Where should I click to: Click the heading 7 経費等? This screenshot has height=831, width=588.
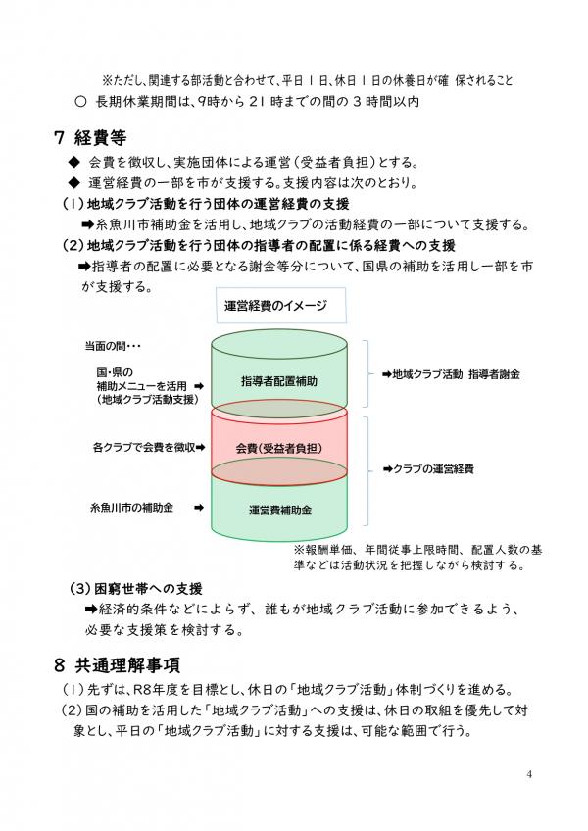(90, 136)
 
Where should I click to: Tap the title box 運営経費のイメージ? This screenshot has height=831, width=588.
(275, 306)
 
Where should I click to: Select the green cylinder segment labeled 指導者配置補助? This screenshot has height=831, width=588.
(278, 379)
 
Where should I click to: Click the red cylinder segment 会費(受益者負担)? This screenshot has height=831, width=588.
(278, 448)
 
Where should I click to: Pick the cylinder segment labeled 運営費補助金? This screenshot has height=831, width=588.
(279, 511)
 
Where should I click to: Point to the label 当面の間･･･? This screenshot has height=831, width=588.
(114, 345)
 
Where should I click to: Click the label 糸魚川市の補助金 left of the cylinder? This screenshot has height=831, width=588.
(133, 508)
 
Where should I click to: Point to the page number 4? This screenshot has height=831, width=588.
(529, 775)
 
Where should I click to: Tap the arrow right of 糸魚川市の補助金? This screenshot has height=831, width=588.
(198, 508)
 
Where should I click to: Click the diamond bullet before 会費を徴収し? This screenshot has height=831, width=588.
(72, 162)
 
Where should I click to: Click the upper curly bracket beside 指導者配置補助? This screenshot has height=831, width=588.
(365, 374)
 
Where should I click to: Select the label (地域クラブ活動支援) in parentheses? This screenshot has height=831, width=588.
(147, 400)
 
